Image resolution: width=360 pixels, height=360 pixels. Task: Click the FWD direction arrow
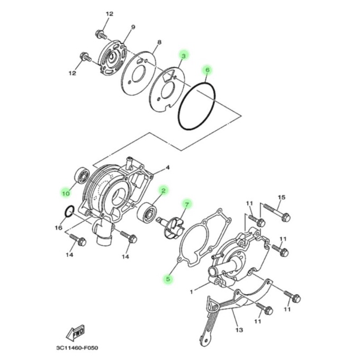pyautogui.click(x=76, y=333)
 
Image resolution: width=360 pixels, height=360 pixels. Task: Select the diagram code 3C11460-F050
pyautogui.click(x=77, y=348)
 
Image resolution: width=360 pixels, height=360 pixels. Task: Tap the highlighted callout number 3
pyautogui.click(x=184, y=56)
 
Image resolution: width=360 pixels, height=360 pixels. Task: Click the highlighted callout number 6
pyautogui.click(x=208, y=70)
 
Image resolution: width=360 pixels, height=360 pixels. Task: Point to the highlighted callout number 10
pyautogui.click(x=66, y=194)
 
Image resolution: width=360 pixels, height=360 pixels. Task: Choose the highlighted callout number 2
pyautogui.click(x=164, y=191)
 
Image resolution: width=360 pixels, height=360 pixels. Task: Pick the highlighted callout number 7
pyautogui.click(x=187, y=204)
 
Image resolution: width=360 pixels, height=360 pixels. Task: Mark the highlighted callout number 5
pyautogui.click(x=168, y=279)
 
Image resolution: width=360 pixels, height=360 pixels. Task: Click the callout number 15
pyautogui.click(x=282, y=197)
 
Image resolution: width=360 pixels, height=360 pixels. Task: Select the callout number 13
pyautogui.click(x=239, y=330)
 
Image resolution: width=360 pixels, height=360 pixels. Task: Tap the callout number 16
pyautogui.click(x=58, y=228)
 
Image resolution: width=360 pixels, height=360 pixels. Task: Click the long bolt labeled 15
pyautogui.click(x=277, y=212)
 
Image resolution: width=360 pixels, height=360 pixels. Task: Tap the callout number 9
pyautogui.click(x=133, y=27)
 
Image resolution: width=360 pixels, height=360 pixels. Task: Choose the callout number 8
pyautogui.click(x=159, y=42)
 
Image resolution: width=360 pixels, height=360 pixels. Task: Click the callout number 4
pyautogui.click(x=168, y=168)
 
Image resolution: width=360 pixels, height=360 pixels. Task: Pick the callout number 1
pyautogui.click(x=192, y=292)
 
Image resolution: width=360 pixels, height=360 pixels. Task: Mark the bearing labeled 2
pyautogui.click(x=147, y=213)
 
